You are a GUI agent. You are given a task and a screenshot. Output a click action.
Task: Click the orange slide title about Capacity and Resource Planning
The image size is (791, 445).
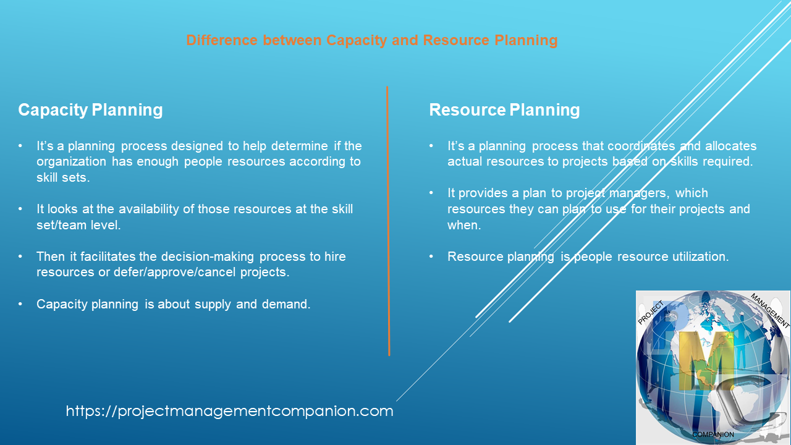(x=371, y=41)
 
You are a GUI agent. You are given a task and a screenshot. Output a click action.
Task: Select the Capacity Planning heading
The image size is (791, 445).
(x=90, y=110)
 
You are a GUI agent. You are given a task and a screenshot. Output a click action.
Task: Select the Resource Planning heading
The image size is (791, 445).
(x=504, y=110)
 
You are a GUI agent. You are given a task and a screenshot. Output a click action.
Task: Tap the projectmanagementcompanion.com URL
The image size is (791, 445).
(x=229, y=411)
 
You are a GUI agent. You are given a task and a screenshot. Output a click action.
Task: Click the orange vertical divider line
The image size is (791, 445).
(x=388, y=222)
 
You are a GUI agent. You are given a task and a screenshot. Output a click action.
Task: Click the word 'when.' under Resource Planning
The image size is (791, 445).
(x=464, y=225)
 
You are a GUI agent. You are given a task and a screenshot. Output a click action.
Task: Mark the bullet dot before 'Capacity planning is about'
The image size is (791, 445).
(x=21, y=304)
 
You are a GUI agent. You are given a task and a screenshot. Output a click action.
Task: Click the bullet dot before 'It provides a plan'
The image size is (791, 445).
(x=431, y=193)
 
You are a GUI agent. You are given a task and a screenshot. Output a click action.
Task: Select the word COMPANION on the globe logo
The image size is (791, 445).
(x=713, y=434)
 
